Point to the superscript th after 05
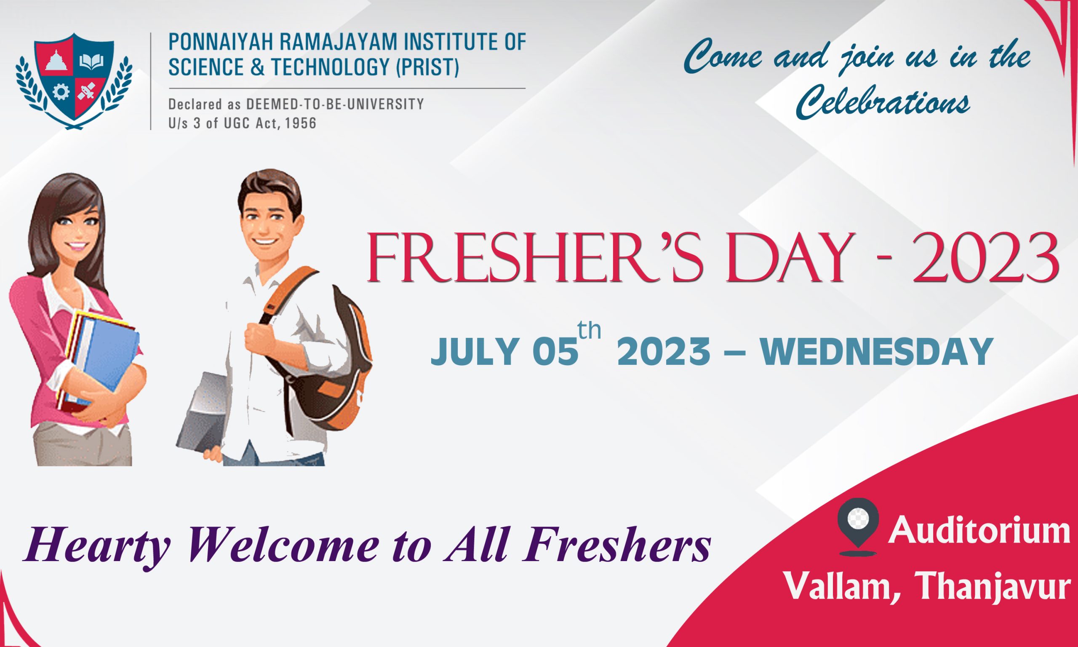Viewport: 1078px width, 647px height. (x=589, y=331)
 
